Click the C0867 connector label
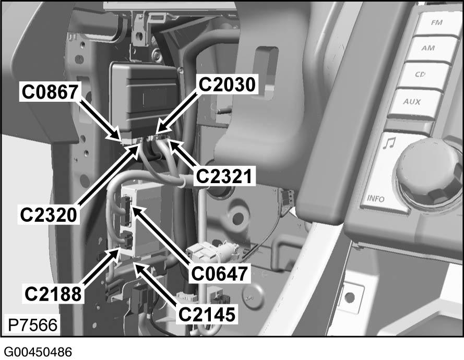(50, 92)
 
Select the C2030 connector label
(227, 85)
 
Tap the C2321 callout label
(224, 176)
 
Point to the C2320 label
(49, 215)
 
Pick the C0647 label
(219, 273)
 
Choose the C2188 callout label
(53, 294)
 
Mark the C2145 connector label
(207, 314)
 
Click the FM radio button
(436, 23)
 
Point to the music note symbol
(388, 143)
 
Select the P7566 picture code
(32, 325)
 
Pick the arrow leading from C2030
(176, 112)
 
